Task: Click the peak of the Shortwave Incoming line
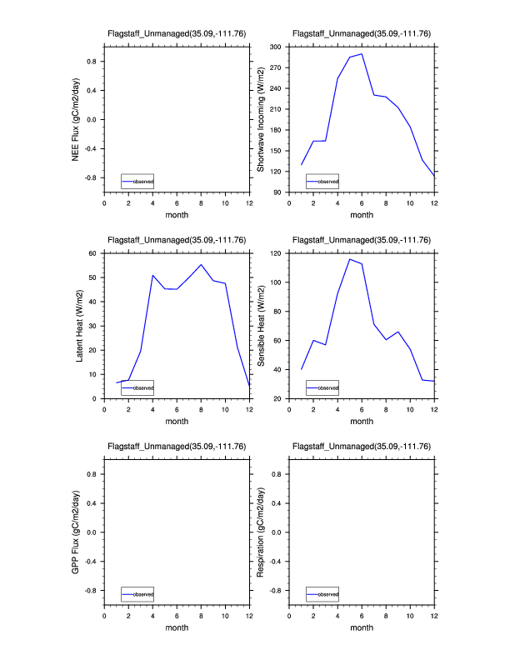click(x=362, y=54)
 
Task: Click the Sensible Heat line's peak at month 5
click(x=350, y=259)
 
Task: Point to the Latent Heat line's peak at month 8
click(x=201, y=265)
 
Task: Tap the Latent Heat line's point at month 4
click(x=152, y=275)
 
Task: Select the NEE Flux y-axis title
click(x=76, y=119)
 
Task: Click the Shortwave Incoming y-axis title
click(x=261, y=119)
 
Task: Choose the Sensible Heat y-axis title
click(x=261, y=325)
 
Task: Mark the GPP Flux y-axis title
click(x=76, y=532)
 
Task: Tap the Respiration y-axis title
click(x=261, y=532)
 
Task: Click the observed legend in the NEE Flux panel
click(x=137, y=181)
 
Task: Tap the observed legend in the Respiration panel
click(x=322, y=593)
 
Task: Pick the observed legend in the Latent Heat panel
click(x=137, y=387)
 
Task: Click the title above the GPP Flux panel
click(x=177, y=447)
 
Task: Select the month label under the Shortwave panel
click(x=362, y=214)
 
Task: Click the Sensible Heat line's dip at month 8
click(x=386, y=340)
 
